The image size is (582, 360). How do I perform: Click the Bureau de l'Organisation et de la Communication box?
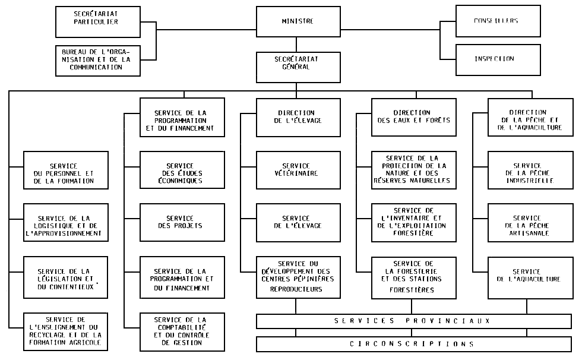click(97, 59)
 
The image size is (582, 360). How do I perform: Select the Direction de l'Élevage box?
click(298, 116)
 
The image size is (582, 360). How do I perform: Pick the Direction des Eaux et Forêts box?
click(414, 116)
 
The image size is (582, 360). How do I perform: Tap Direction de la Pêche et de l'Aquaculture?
click(530, 116)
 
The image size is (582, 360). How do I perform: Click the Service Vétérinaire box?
click(298, 170)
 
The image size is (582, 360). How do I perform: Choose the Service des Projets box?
click(182, 222)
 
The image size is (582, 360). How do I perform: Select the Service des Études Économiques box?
click(182, 170)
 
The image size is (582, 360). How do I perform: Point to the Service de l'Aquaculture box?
click(530, 276)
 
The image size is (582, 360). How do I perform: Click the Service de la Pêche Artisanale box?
click(530, 222)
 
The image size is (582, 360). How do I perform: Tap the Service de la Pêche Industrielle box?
click(530, 170)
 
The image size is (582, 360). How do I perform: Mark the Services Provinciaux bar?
click(414, 321)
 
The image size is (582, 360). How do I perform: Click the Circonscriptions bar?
click(414, 344)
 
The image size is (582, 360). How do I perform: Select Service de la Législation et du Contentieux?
click(67, 276)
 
